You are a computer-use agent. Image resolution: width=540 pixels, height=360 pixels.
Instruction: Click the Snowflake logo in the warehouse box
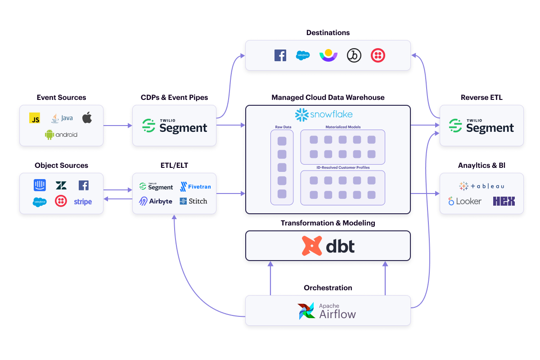click(324, 115)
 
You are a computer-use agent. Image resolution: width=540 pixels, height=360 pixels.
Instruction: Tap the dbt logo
click(328, 246)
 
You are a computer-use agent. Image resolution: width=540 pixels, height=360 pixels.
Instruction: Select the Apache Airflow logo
click(327, 310)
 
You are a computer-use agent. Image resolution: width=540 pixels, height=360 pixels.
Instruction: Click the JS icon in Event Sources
click(34, 118)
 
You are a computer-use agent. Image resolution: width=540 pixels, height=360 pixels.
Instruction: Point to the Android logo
click(61, 134)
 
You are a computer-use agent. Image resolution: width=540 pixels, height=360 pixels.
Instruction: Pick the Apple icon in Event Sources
click(87, 118)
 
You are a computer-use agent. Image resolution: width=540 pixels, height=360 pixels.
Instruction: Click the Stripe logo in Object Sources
click(83, 202)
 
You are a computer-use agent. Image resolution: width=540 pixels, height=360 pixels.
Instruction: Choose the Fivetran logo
click(195, 186)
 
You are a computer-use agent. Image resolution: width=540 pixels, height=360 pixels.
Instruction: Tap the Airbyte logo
click(156, 201)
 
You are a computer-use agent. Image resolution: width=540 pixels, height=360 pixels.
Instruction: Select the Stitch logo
click(193, 201)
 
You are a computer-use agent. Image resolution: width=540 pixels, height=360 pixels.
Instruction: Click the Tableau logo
click(481, 186)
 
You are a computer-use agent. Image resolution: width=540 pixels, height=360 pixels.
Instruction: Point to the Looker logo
click(465, 201)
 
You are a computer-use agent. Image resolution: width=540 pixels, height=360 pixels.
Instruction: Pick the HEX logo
click(504, 201)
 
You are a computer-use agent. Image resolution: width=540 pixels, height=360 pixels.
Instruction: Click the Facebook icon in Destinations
click(280, 55)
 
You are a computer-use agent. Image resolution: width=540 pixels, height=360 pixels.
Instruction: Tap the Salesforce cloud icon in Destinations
click(303, 55)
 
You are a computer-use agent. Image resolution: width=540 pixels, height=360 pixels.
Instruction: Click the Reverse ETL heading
click(481, 97)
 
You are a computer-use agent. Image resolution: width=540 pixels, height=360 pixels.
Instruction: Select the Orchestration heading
click(328, 288)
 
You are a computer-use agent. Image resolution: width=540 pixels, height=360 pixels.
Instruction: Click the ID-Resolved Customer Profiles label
click(342, 167)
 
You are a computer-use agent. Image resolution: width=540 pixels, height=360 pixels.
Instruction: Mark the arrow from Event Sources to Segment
click(117, 126)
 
